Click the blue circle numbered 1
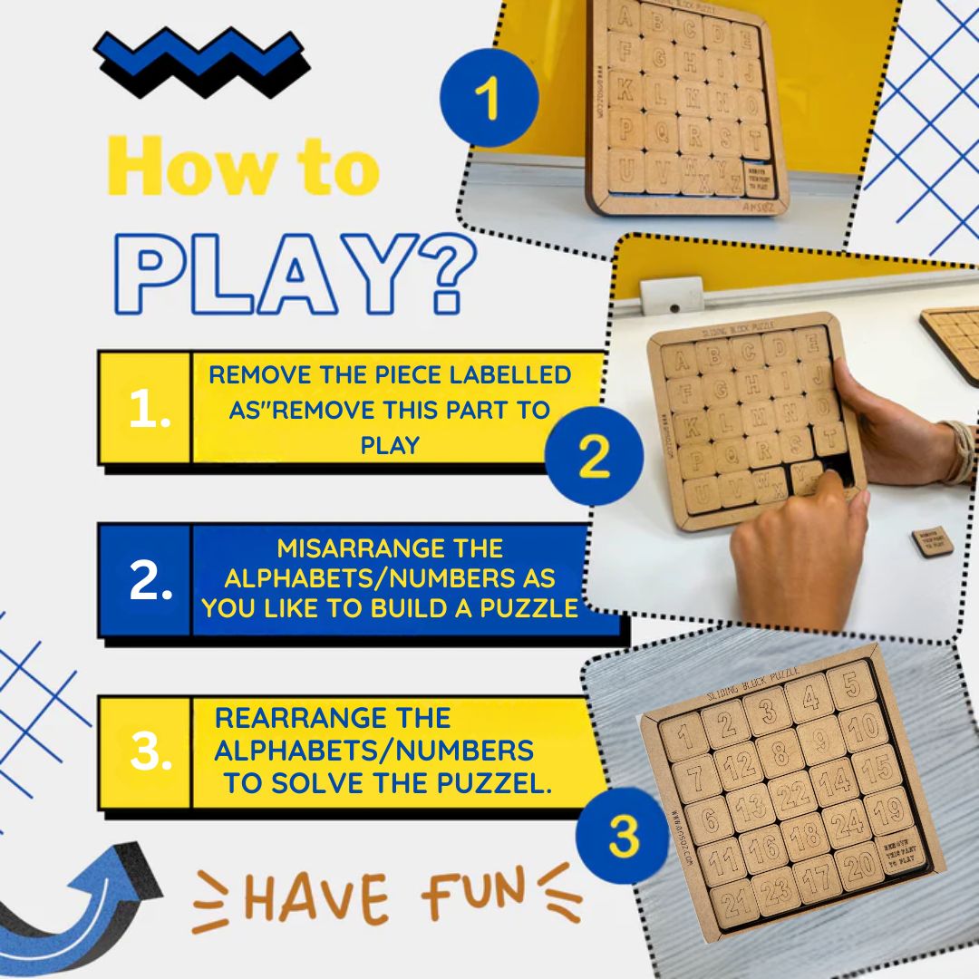point(488,97)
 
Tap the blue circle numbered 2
point(594,457)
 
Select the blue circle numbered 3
point(625,836)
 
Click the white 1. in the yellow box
point(145,411)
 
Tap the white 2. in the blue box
point(150,583)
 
